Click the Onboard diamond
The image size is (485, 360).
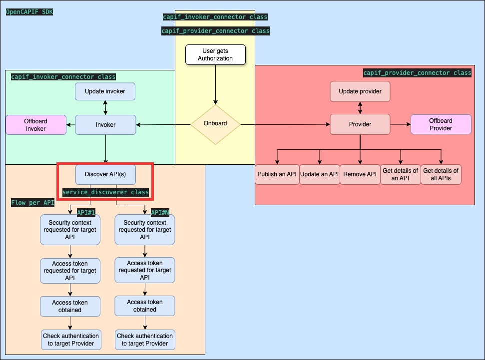click(215, 124)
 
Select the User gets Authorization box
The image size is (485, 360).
click(215, 54)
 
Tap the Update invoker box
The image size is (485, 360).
click(105, 91)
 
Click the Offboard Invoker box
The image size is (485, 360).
click(35, 125)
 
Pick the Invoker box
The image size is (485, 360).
click(105, 125)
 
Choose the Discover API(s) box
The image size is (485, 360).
click(105, 174)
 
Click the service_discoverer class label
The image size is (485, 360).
click(105, 192)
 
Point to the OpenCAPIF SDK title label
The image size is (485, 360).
click(29, 11)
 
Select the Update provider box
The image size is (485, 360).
click(360, 91)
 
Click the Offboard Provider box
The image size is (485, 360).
click(441, 124)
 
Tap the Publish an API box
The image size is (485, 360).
click(277, 174)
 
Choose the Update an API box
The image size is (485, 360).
click(320, 174)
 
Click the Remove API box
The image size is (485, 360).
click(360, 174)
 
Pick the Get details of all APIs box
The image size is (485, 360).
click(441, 174)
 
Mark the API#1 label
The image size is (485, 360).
click(86, 212)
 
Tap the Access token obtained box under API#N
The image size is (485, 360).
click(145, 306)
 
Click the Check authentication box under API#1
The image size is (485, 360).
click(70, 340)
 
